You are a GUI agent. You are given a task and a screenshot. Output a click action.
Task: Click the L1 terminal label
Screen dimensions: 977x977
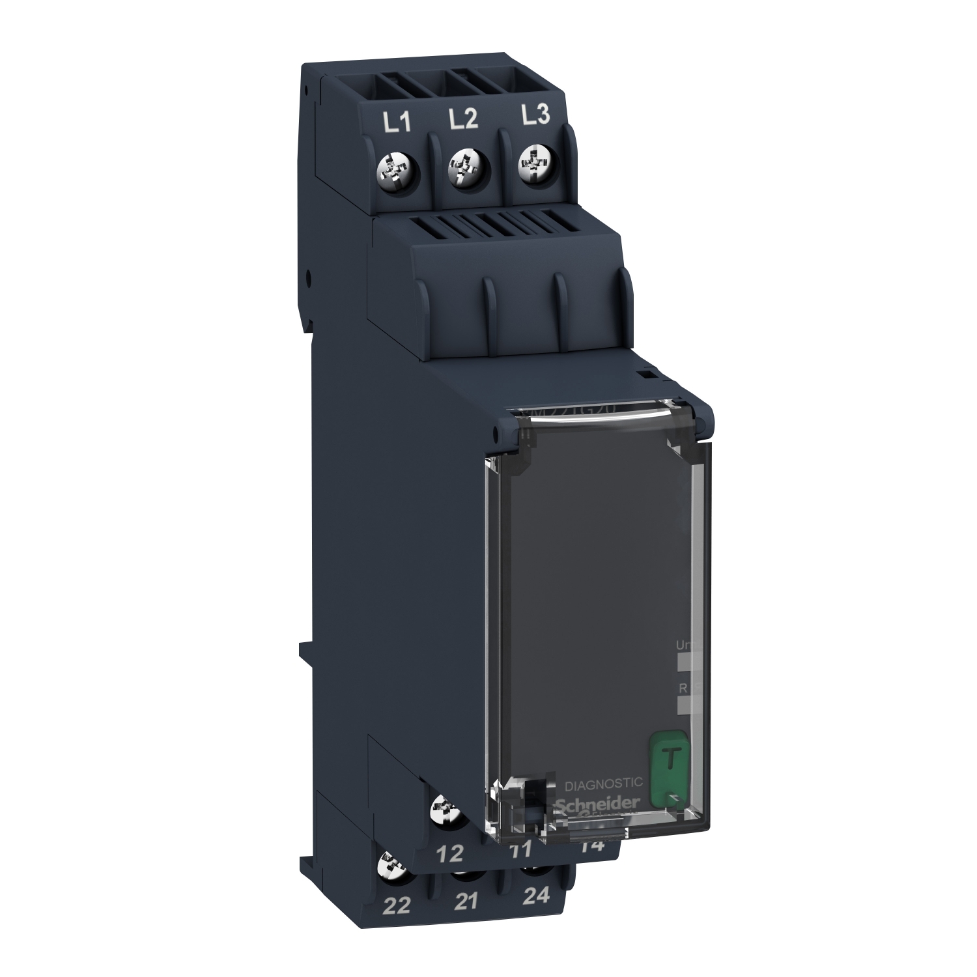tap(397, 122)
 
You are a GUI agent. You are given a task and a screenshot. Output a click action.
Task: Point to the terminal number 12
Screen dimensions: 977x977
tap(452, 853)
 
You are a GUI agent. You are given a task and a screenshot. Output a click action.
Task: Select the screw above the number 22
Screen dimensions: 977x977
tap(393, 866)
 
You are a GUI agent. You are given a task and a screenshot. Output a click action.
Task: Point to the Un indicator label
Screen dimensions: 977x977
tap(683, 645)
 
